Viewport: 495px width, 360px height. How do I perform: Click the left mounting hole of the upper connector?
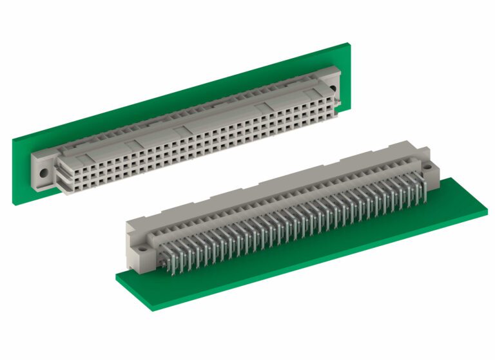click(43, 173)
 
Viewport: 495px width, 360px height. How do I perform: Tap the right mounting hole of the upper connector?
click(333, 90)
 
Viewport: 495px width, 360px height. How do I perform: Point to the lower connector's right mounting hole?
click(427, 166)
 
